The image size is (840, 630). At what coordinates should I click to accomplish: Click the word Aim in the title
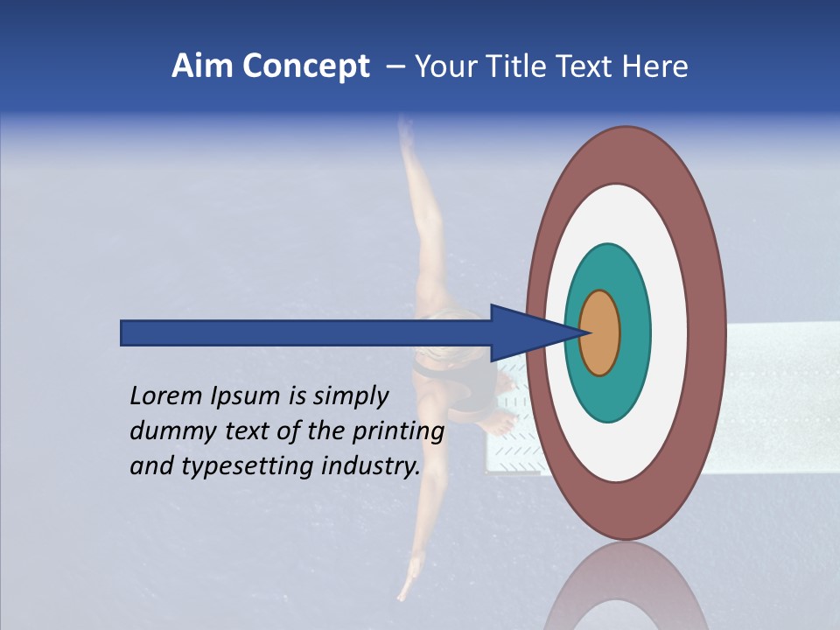click(x=203, y=66)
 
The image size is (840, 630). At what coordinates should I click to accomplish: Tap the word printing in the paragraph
click(x=397, y=431)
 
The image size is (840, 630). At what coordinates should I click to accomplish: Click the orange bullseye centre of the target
click(x=603, y=332)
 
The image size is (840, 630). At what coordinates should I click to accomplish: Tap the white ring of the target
click(x=668, y=332)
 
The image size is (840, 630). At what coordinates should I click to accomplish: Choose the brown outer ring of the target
click(x=708, y=332)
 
